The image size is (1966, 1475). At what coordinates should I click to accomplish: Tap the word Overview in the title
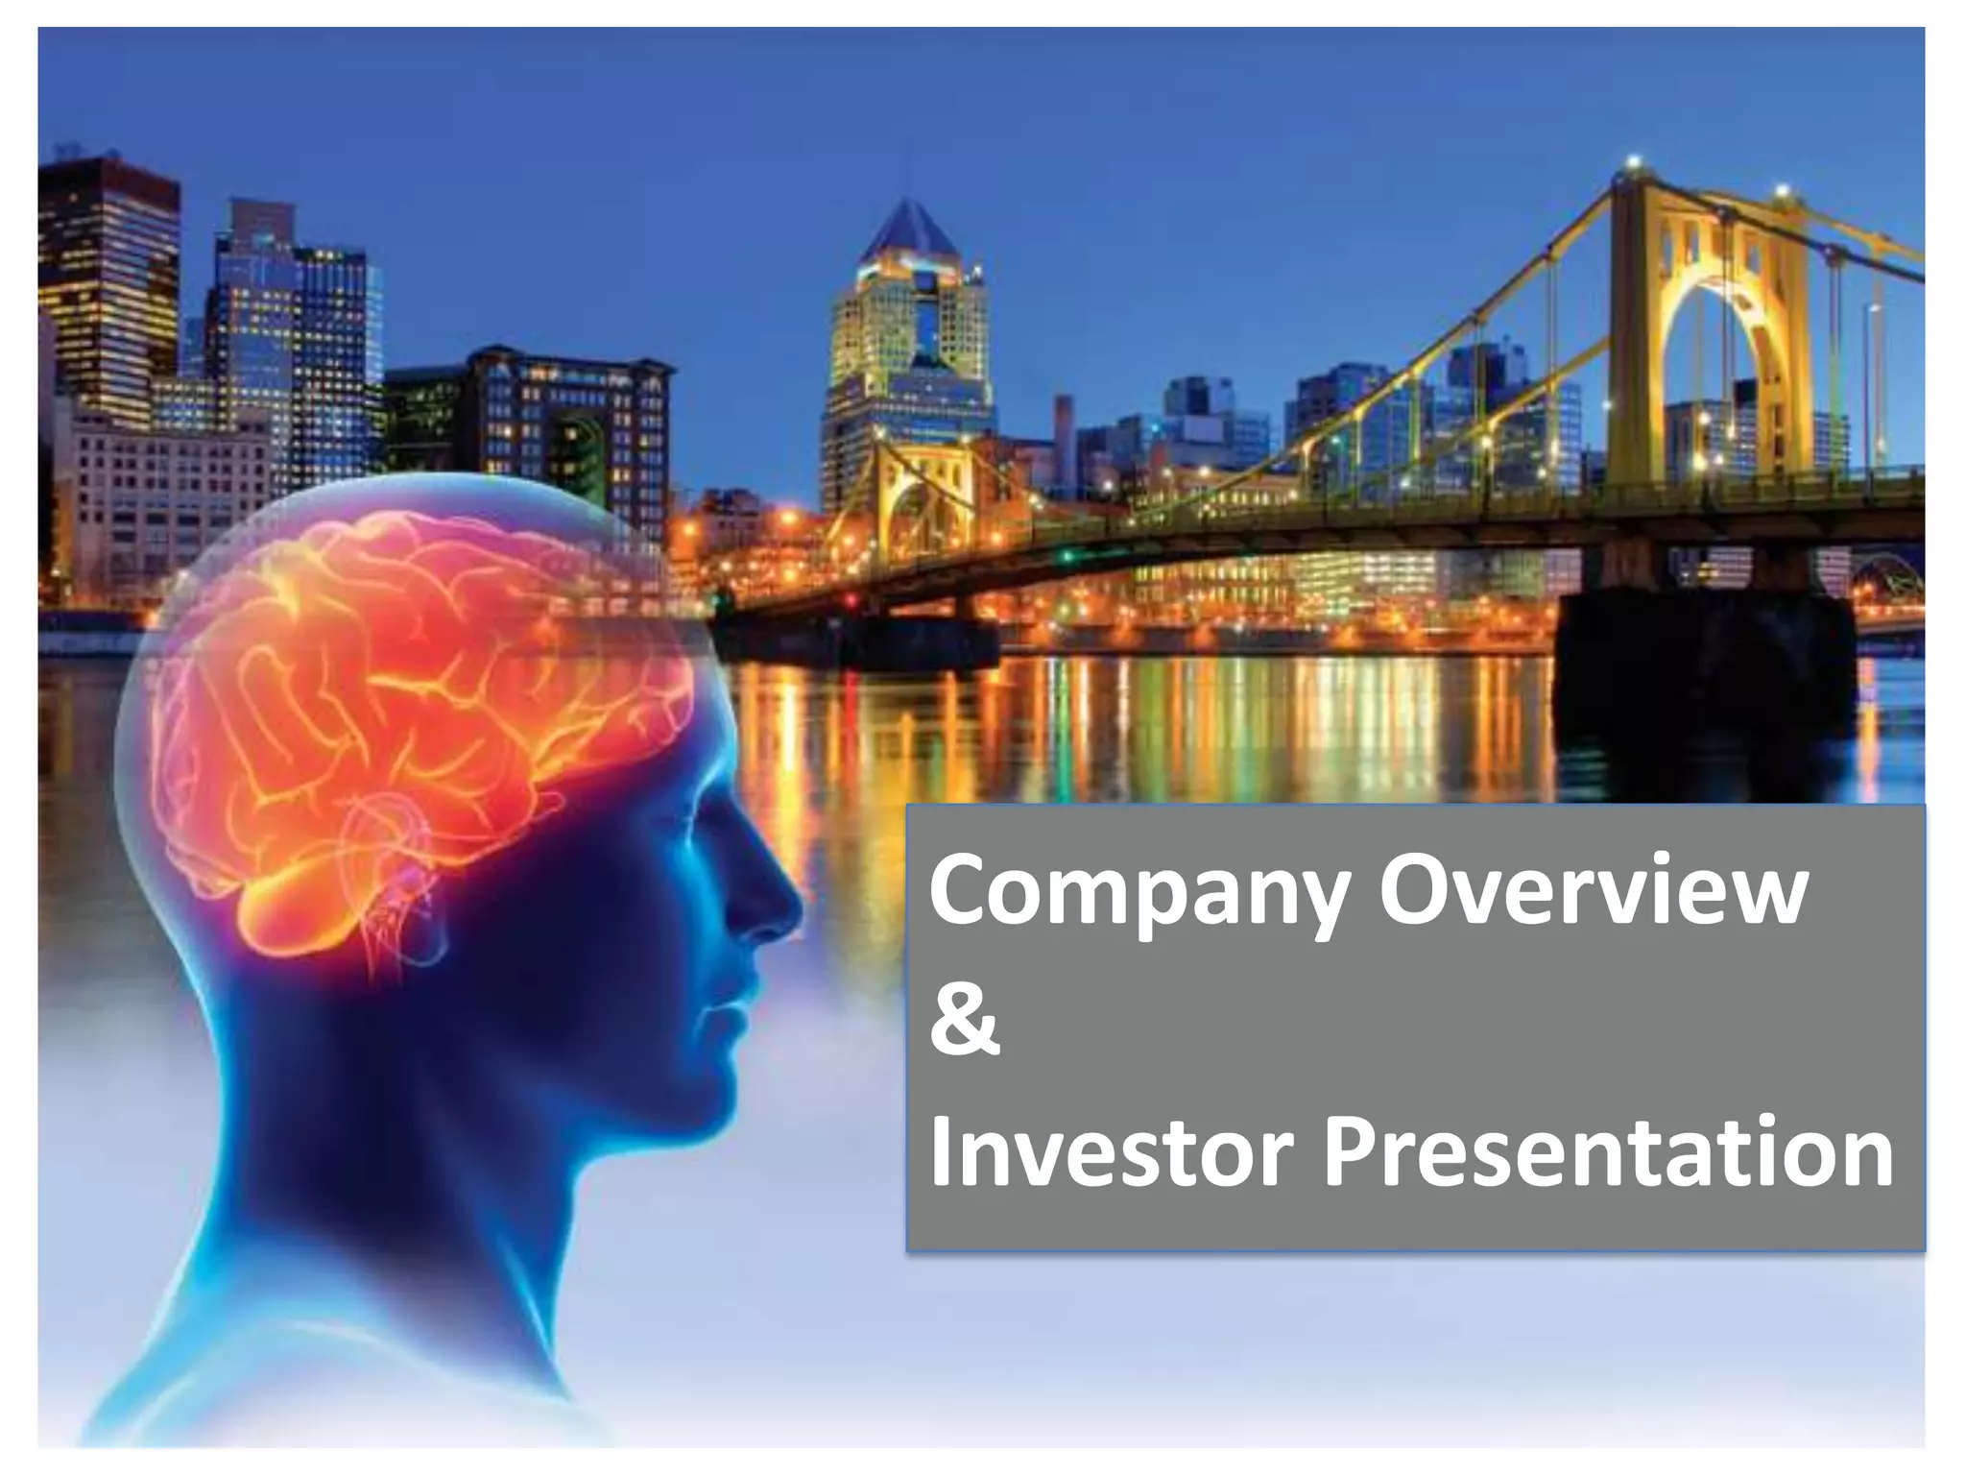click(x=1593, y=891)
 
